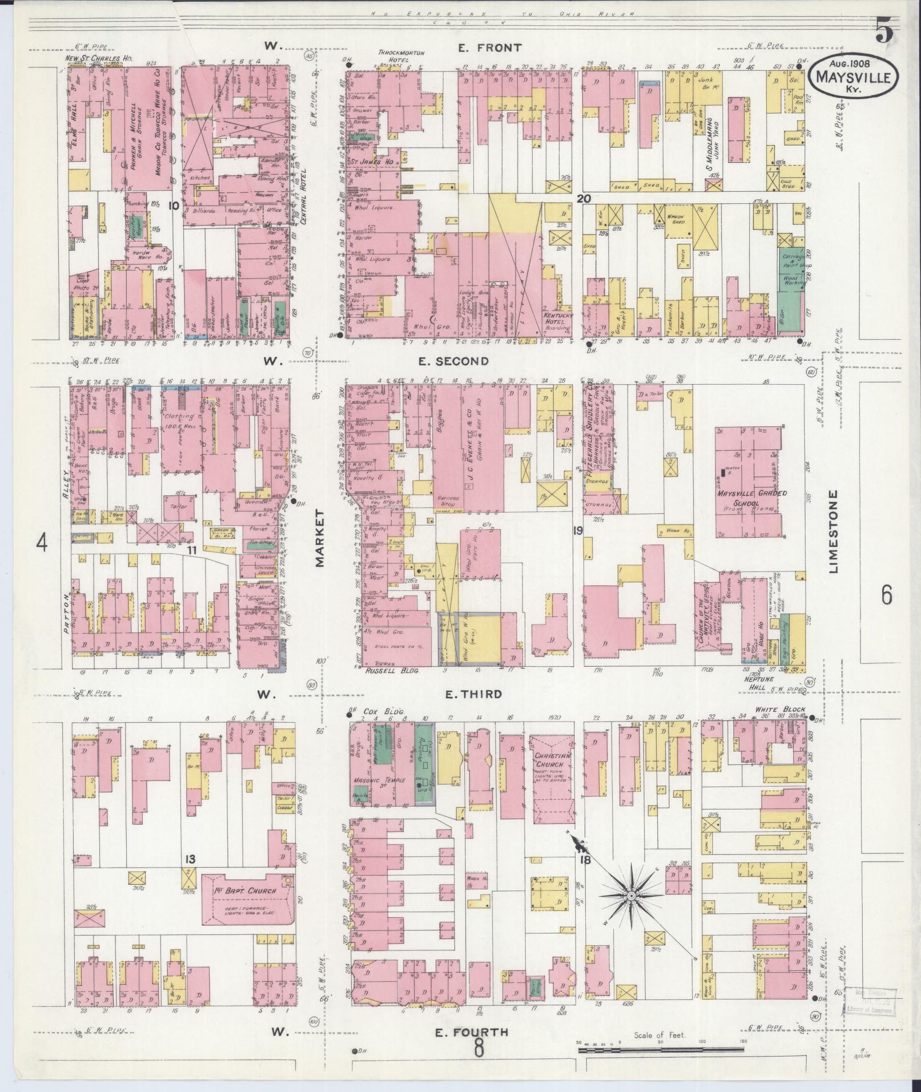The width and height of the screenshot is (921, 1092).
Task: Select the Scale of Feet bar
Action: click(x=662, y=1049)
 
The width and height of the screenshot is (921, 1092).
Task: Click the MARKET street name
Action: click(x=319, y=538)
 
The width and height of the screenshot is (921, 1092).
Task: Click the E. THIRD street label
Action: click(x=473, y=694)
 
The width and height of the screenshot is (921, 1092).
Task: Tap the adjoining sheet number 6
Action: click(x=886, y=595)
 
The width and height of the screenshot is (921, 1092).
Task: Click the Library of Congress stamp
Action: click(x=866, y=1001)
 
